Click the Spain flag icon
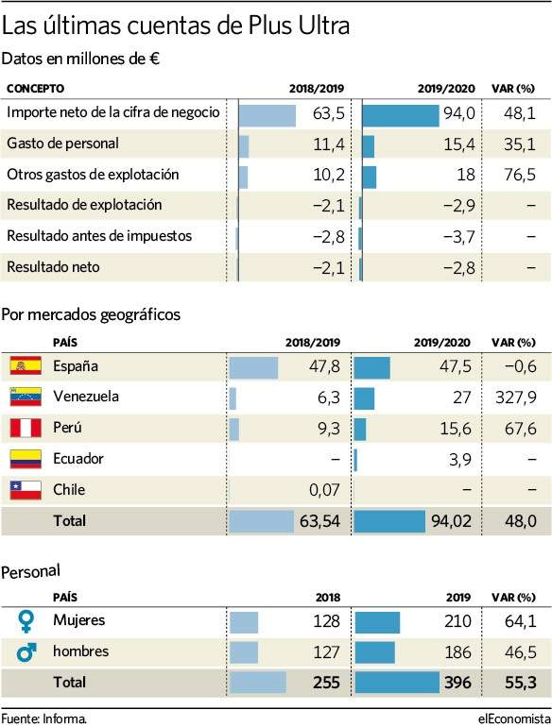[26, 365]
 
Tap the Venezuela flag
[26, 397]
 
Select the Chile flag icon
[26, 490]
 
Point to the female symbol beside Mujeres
[26, 621]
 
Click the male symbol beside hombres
[26, 651]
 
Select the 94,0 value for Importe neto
[459, 113]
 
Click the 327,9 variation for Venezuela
[515, 397]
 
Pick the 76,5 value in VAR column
[520, 175]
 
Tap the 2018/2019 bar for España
[253, 367]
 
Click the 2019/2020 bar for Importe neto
[400, 115]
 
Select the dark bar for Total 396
[397, 683]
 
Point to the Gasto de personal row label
[62, 144]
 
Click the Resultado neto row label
[53, 267]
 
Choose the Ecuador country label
[78, 459]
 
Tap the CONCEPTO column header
[35, 89]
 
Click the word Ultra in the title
[323, 25]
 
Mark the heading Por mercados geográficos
[91, 314]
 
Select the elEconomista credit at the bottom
[514, 719]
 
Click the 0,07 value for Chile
[324, 490]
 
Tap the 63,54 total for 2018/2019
[319, 521]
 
